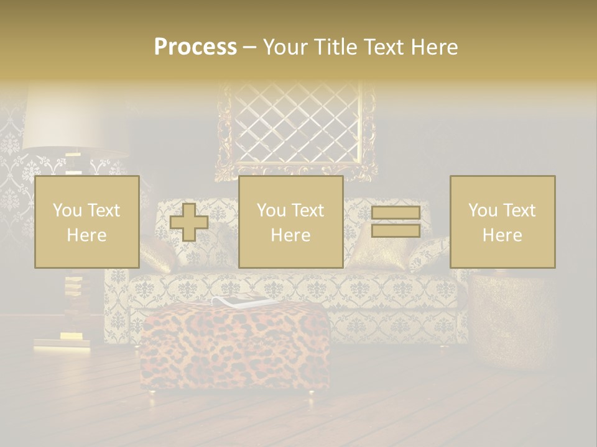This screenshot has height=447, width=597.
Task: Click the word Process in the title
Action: tap(195, 47)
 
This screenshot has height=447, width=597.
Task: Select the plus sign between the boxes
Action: tap(189, 222)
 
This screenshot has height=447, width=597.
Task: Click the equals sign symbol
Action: tap(396, 222)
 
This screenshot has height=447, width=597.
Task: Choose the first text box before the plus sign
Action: tap(87, 222)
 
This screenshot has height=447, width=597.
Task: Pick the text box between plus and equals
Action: tap(290, 222)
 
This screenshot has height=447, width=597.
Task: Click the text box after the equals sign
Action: tap(502, 222)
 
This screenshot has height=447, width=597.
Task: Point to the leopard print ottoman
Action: tap(235, 348)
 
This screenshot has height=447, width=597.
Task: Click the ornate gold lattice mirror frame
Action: tap(296, 130)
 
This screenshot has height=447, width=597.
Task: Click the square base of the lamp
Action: tap(59, 341)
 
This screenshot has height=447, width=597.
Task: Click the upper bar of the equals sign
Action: tap(396, 213)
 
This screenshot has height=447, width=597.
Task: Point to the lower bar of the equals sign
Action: tap(396, 231)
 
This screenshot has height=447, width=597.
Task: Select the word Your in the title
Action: tap(286, 47)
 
